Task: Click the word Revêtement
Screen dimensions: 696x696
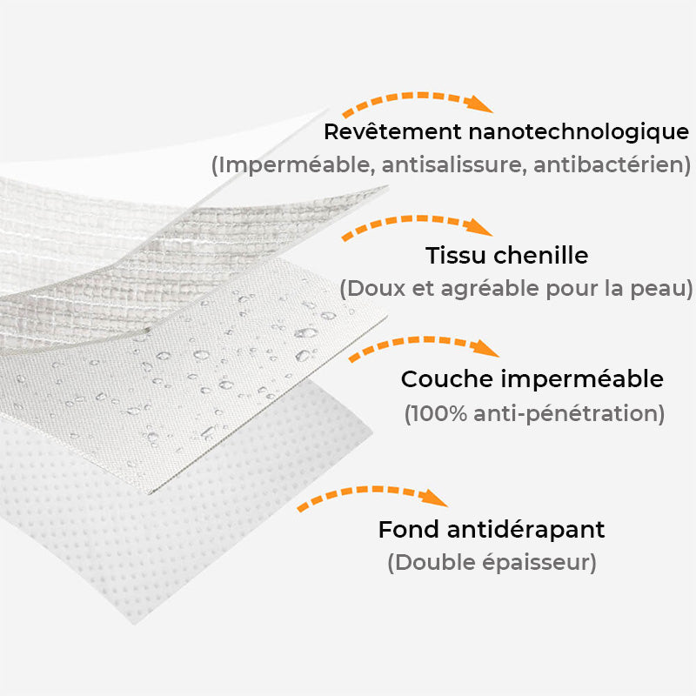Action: coord(392,132)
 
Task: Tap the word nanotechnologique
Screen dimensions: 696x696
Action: coord(579,132)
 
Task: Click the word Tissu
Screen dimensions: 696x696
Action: coord(452,256)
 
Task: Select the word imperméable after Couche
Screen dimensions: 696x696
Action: coord(581,380)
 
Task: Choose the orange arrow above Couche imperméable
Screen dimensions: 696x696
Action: coord(424,345)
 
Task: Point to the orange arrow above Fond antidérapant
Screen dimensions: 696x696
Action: coord(372,498)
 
